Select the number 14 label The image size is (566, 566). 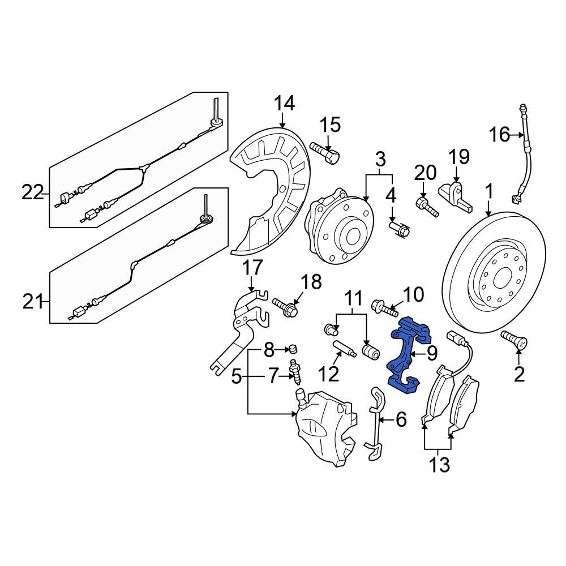click(x=285, y=104)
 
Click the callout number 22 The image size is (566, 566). click(x=33, y=193)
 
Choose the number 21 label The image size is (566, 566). click(x=33, y=303)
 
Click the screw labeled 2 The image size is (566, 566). click(x=514, y=341)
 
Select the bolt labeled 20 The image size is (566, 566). click(x=427, y=207)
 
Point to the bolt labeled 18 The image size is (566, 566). click(x=287, y=307)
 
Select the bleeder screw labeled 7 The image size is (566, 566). click(x=294, y=372)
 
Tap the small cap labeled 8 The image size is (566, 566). click(x=294, y=347)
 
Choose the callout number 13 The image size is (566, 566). click(x=439, y=465)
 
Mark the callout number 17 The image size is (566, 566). click(x=253, y=268)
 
